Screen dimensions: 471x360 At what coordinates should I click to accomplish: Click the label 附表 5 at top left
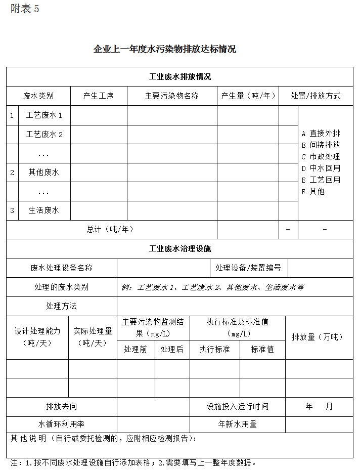(x=25, y=9)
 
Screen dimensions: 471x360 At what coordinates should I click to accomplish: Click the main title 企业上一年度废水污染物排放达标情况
(x=165, y=49)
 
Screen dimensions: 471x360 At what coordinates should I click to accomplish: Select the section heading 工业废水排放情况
(x=180, y=77)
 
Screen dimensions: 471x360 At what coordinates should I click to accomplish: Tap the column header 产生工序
(x=99, y=96)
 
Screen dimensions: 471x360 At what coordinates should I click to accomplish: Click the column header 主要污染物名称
(x=172, y=96)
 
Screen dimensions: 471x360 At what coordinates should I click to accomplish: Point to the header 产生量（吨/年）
(x=248, y=96)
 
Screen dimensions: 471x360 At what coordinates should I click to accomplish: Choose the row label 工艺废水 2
(x=44, y=134)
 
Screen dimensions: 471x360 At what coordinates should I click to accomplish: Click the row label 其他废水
(x=44, y=172)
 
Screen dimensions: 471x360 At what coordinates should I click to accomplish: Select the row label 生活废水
(x=44, y=210)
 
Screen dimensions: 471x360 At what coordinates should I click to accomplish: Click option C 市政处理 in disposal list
(x=321, y=156)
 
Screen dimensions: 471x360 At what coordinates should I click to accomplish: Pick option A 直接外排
(x=321, y=133)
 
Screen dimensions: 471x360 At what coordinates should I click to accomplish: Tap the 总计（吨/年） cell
(x=110, y=229)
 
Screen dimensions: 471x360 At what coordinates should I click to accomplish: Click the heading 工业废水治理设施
(x=180, y=249)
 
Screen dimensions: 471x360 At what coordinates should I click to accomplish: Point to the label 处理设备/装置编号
(x=248, y=268)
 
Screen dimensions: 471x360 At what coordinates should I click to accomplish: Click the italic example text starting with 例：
(x=212, y=287)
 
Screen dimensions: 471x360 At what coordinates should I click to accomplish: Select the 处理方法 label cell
(x=62, y=306)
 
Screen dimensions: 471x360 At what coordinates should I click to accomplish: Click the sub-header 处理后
(x=172, y=349)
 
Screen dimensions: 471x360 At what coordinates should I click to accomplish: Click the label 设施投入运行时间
(x=237, y=406)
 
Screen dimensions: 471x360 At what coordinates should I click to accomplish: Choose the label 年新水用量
(x=237, y=424)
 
